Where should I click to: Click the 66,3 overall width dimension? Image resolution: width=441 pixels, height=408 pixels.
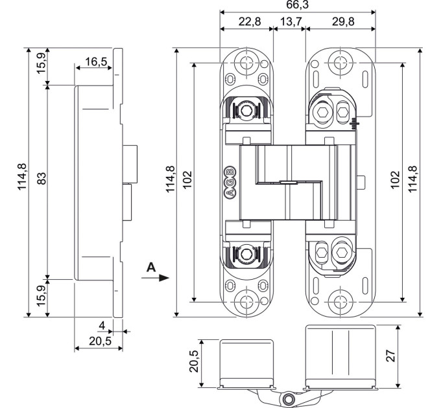pyautogui.click(x=297, y=5)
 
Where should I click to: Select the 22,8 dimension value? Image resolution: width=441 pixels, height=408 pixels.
pyautogui.click(x=250, y=21)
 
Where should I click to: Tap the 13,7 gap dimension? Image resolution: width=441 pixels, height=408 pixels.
pyautogui.click(x=291, y=21)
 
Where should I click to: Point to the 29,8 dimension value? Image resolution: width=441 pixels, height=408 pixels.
pyautogui.click(x=343, y=21)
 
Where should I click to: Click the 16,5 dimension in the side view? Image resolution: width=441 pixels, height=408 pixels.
pyautogui.click(x=96, y=62)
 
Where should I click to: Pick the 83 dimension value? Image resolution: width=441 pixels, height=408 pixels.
pyautogui.click(x=42, y=178)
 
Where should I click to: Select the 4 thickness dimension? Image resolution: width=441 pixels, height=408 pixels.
pyautogui.click(x=102, y=326)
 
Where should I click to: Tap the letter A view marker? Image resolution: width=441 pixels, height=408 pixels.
pyautogui.click(x=151, y=267)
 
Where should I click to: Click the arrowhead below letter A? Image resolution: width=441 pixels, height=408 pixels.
pyautogui.click(x=164, y=278)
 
